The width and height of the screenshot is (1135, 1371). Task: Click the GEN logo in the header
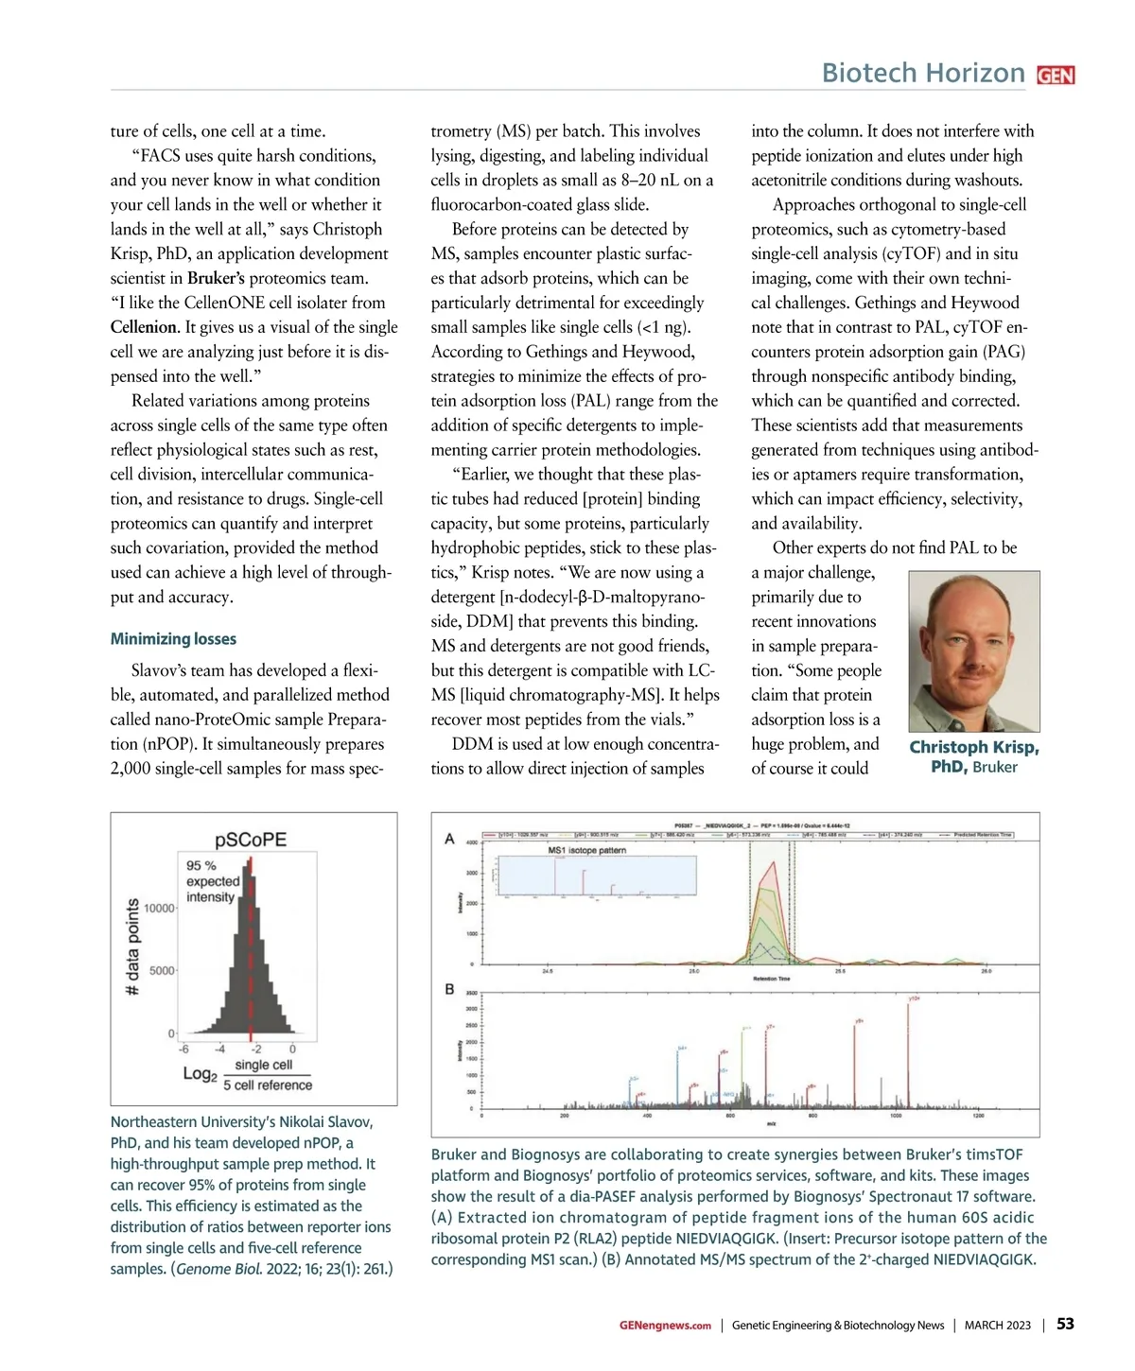pyautogui.click(x=1056, y=76)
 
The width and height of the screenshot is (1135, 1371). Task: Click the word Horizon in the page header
pyautogui.click(x=977, y=73)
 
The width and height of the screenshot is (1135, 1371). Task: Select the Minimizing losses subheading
pyautogui.click(x=173, y=639)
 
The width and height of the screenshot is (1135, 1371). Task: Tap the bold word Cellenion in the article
pyautogui.click(x=144, y=327)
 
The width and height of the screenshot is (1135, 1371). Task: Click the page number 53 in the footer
pyautogui.click(x=1065, y=1324)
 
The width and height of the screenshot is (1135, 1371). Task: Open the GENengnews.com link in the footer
pyautogui.click(x=665, y=1326)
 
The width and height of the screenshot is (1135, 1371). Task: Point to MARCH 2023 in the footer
pyautogui.click(x=997, y=1326)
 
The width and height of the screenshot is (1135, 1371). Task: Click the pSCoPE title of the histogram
pyautogui.click(x=251, y=840)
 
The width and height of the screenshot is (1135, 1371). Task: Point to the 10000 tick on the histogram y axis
pyautogui.click(x=159, y=909)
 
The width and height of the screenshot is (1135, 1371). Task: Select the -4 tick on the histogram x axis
pyautogui.click(x=219, y=1049)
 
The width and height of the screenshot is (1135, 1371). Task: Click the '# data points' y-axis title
pyautogui.click(x=132, y=946)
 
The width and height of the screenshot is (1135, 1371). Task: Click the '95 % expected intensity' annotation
pyautogui.click(x=212, y=881)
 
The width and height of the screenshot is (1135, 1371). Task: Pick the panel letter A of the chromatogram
pyautogui.click(x=449, y=839)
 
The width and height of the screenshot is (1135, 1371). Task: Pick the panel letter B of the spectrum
pyautogui.click(x=449, y=989)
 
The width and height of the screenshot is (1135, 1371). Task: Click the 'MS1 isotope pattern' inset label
pyautogui.click(x=586, y=850)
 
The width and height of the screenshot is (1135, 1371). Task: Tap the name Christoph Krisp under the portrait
pyautogui.click(x=973, y=747)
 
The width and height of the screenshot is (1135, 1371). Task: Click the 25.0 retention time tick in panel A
pyautogui.click(x=693, y=971)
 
